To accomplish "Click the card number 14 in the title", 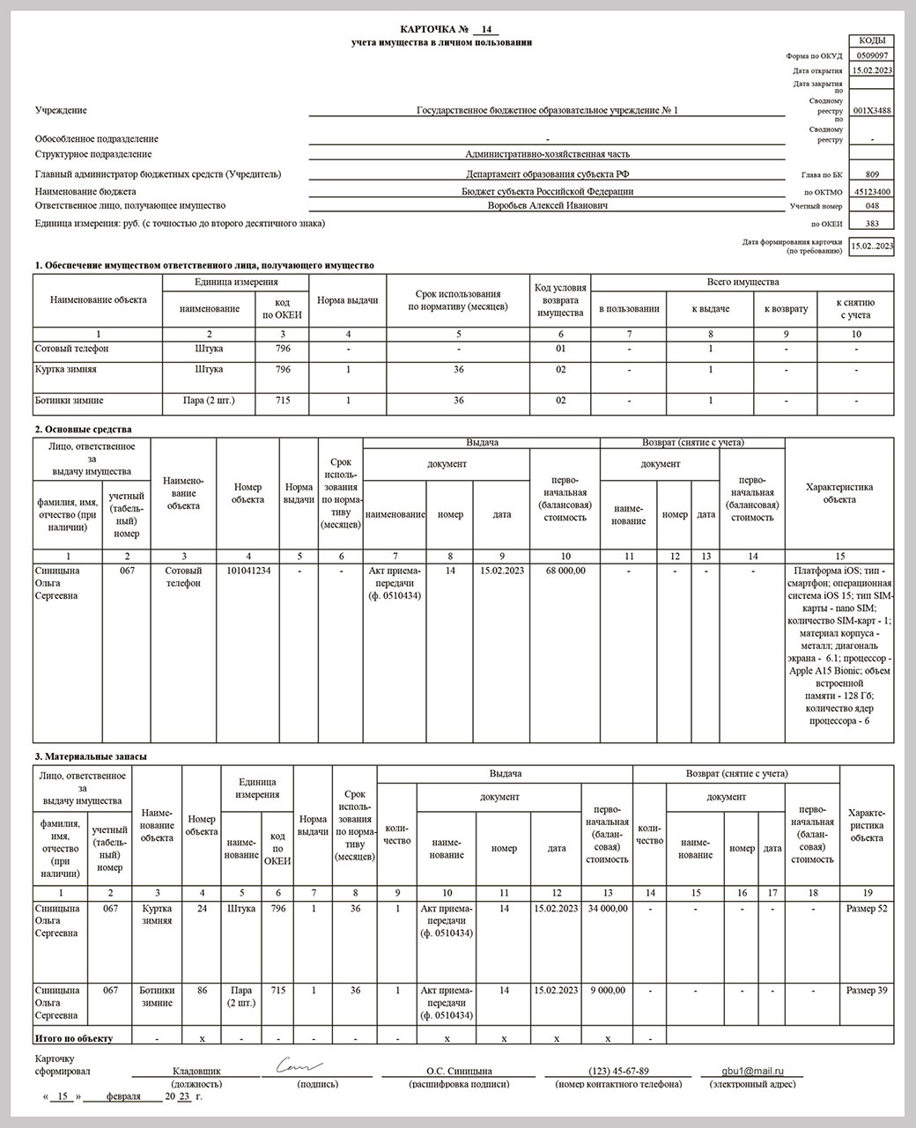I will pyautogui.click(x=485, y=29).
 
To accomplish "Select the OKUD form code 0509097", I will pyautogui.click(x=871, y=55).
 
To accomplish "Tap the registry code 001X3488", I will pyautogui.click(x=872, y=111).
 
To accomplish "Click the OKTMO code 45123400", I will pyautogui.click(x=872, y=191).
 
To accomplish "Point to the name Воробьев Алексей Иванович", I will pyautogui.click(x=547, y=205).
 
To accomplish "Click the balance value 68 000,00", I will pyautogui.click(x=565, y=571).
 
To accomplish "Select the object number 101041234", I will pyautogui.click(x=248, y=571).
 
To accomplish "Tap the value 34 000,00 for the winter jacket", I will pyautogui.click(x=606, y=909).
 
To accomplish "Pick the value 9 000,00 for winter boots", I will pyautogui.click(x=608, y=991).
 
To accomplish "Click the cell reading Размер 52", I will pyautogui.click(x=867, y=909).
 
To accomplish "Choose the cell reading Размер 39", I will pyautogui.click(x=867, y=991).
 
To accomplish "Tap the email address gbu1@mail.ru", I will pyautogui.click(x=753, y=1071).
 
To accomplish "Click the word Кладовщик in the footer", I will pyautogui.click(x=196, y=1071).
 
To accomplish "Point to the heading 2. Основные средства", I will pyautogui.click(x=83, y=430).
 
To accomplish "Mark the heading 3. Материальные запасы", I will pyautogui.click(x=91, y=756).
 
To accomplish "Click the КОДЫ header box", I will pyautogui.click(x=871, y=41).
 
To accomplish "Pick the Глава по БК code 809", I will pyautogui.click(x=872, y=174).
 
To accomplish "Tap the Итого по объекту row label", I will pyautogui.click(x=74, y=1039).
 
